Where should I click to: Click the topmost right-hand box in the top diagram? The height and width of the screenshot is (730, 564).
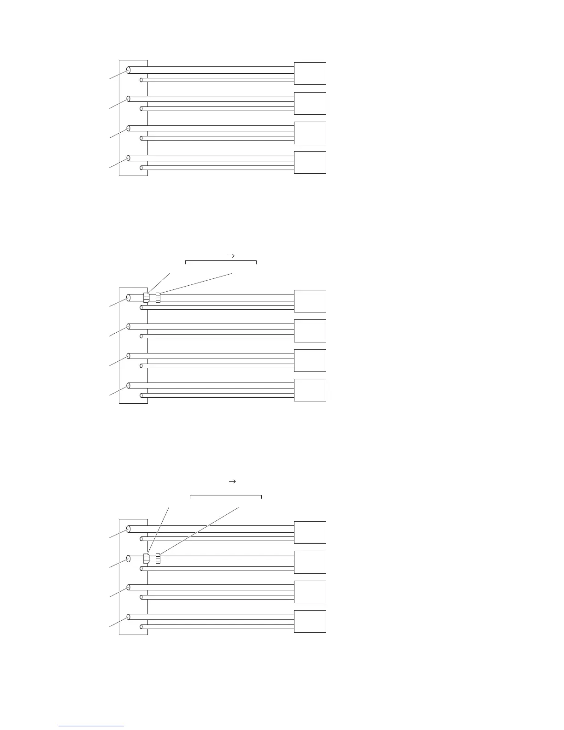[x=310, y=73]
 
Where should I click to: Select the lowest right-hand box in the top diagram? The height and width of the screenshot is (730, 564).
[x=310, y=162]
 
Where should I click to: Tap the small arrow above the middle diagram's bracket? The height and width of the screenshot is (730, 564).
[x=232, y=255]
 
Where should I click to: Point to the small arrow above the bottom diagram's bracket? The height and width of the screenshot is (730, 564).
[x=232, y=481]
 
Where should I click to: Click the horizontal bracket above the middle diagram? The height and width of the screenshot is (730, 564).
[x=221, y=261]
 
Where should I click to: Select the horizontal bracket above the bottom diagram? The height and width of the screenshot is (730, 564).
[x=226, y=496]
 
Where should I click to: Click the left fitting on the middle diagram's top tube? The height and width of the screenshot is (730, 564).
[x=147, y=298]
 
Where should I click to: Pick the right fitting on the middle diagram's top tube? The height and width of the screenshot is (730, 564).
[x=158, y=298]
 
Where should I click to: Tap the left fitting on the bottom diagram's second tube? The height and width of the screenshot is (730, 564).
[x=147, y=559]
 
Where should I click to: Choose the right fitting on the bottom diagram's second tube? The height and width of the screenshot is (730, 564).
[x=158, y=559]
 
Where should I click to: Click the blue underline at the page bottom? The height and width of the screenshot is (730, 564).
[x=91, y=726]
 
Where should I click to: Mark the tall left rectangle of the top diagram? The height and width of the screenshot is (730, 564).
[x=133, y=118]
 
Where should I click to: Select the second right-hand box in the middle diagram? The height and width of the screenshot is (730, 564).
[x=310, y=330]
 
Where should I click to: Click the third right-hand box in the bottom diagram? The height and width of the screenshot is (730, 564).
[x=310, y=592]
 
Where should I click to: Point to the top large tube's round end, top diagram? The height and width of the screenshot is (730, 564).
[x=129, y=70]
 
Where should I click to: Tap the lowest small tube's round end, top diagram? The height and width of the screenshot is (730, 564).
[x=141, y=168]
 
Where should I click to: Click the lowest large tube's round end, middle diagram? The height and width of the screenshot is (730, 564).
[x=129, y=386]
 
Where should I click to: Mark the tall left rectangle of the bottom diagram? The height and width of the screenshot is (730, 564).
[x=133, y=577]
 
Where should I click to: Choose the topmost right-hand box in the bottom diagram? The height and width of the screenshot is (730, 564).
[x=310, y=532]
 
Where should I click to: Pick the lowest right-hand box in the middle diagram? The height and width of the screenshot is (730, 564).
[x=310, y=390]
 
